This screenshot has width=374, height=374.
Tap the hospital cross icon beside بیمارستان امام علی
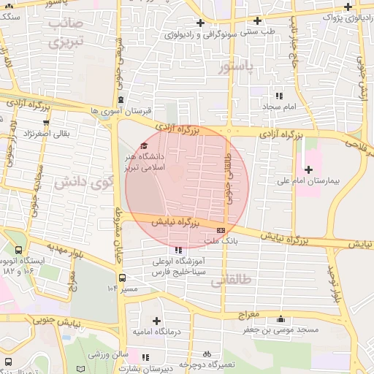click(309, 169)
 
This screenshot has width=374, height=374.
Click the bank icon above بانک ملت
click(221, 231)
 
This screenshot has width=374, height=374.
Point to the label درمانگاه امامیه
click(156, 332)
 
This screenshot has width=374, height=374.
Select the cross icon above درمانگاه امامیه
click(156, 321)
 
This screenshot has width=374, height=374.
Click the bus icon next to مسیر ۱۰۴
click(123, 278)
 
